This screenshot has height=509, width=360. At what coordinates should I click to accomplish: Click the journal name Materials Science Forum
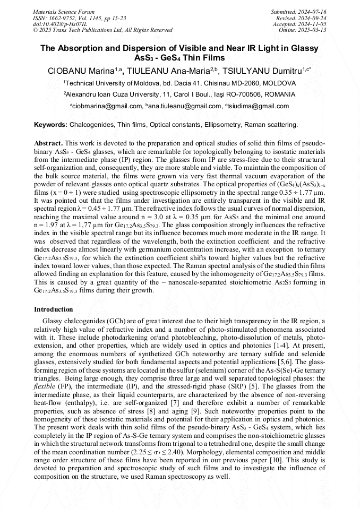click(64, 12)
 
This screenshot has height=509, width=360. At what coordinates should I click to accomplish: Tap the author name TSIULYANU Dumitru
click(264, 70)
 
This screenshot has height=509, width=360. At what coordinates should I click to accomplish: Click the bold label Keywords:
click(50, 125)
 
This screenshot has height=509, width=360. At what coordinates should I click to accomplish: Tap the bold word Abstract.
click(48, 143)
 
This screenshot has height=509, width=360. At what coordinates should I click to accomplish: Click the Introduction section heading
click(54, 309)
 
